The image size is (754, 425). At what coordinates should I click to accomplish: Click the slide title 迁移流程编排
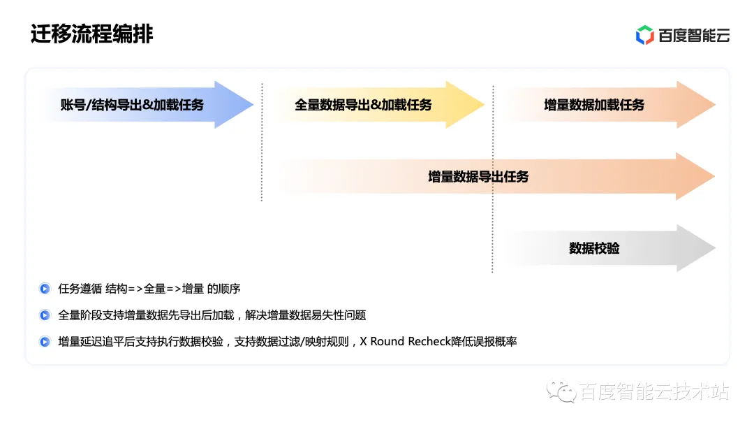pos(91,34)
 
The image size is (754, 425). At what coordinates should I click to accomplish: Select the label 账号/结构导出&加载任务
pos(132,105)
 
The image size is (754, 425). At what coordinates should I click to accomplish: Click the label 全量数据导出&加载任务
pos(363,105)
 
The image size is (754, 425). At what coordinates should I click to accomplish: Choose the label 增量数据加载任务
pos(594,105)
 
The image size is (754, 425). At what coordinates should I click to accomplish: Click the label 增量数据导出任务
pos(478,176)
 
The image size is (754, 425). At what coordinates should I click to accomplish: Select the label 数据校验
pos(594,248)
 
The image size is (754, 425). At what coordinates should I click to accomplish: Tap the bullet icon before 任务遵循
pos(45,289)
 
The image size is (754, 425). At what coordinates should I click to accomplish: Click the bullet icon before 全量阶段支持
pos(45,315)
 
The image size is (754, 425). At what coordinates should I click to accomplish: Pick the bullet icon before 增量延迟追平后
pos(45,342)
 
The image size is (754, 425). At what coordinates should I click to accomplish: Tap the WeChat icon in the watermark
pos(561,392)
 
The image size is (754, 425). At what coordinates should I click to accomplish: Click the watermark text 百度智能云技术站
pos(654,392)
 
